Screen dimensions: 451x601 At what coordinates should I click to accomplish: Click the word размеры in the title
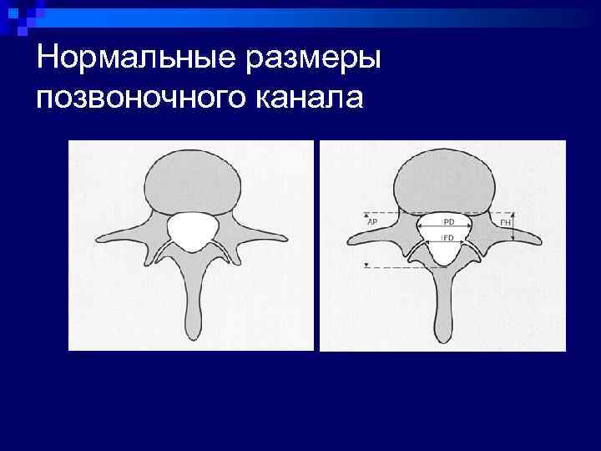(x=316, y=59)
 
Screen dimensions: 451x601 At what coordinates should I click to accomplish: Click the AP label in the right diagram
(x=371, y=223)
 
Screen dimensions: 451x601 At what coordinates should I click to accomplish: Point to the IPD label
(x=447, y=223)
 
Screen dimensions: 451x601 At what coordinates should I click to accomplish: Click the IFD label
(x=447, y=239)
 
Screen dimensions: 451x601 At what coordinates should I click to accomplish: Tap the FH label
(x=504, y=223)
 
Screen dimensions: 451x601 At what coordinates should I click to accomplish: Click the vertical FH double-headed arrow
(x=513, y=226)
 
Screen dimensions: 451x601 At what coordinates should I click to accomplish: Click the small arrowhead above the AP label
(x=367, y=215)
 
